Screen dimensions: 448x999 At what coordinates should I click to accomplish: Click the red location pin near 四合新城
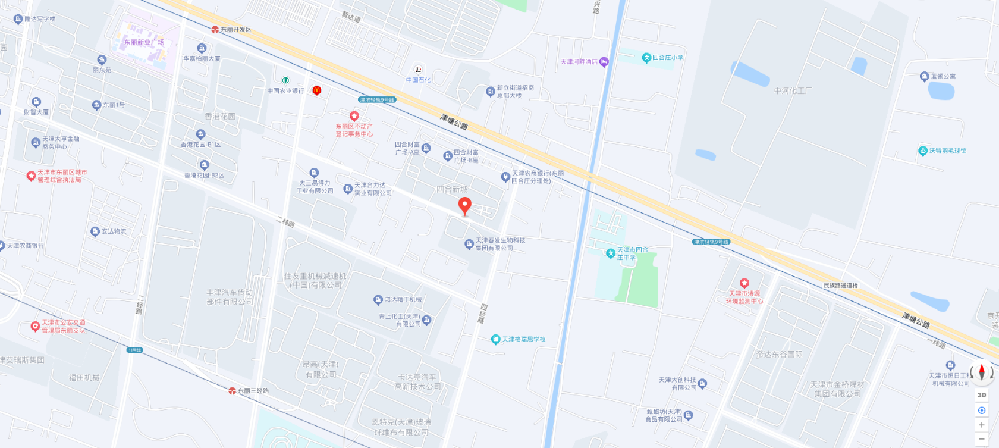point(465,206)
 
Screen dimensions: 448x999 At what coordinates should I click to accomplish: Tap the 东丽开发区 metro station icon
point(215,29)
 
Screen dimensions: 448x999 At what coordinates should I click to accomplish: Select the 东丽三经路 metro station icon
point(232,391)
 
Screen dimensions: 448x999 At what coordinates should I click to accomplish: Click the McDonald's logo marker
point(316,90)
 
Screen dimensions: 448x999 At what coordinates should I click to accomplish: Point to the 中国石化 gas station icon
point(418,70)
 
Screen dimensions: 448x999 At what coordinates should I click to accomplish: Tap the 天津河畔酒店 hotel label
point(579,62)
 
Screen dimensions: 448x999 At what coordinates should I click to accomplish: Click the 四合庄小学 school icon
point(646,58)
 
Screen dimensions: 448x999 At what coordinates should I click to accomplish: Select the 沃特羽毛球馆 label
point(948,151)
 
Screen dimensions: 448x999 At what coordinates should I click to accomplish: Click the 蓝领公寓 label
point(943,76)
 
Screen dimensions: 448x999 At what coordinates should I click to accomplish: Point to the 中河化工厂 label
point(793,91)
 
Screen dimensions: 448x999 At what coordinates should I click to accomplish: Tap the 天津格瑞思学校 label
point(523,340)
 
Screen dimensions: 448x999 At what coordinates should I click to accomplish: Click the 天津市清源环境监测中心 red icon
point(744,283)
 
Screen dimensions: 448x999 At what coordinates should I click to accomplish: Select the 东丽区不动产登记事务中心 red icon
point(354,116)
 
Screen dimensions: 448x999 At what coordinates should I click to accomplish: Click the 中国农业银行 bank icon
point(285,80)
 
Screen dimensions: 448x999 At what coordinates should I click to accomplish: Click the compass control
point(982,372)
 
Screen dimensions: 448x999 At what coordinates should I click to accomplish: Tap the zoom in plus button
point(982,425)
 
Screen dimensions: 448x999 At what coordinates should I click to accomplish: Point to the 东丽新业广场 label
point(144,43)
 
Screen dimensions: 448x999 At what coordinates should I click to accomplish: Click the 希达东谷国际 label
point(779,355)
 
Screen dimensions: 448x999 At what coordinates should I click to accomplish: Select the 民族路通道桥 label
point(841,286)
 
